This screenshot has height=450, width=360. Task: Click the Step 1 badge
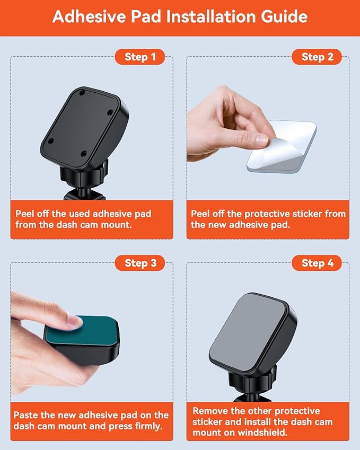coord(140,57)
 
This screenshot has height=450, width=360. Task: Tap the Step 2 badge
coord(317,57)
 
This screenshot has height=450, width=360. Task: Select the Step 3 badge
coord(140,263)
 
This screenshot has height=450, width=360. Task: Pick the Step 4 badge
coord(317,263)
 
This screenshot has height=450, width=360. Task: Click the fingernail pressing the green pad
coord(73,320)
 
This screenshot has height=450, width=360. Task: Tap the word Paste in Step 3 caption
coord(26,416)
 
